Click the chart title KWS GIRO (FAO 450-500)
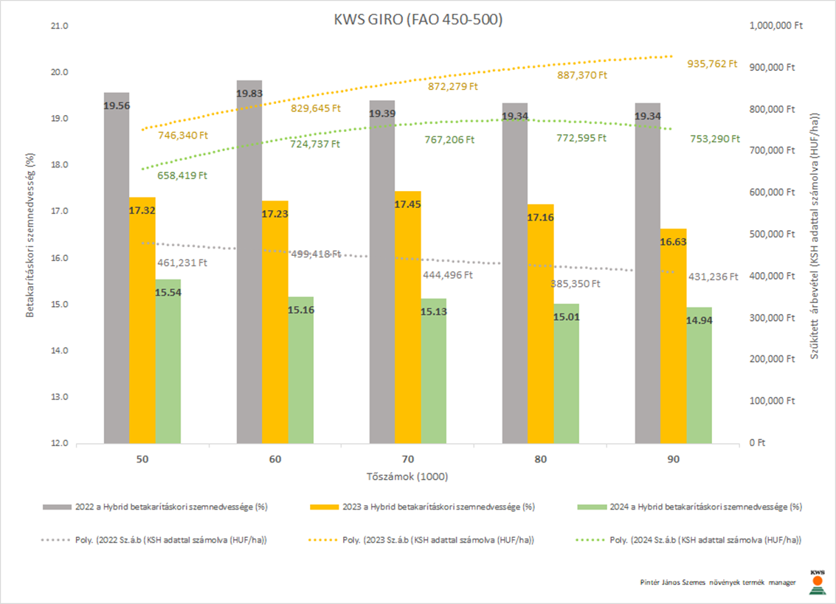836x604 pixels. (x=418, y=21)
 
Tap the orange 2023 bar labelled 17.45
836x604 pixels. (x=407, y=317)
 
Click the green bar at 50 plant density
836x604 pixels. (x=168, y=361)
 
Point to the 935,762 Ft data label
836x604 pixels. (x=712, y=63)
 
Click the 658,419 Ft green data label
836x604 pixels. (x=182, y=176)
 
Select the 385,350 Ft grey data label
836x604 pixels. (x=576, y=283)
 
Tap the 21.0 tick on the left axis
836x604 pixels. (x=59, y=26)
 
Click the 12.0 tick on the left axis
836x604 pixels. (x=59, y=443)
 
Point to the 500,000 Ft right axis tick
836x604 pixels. (x=772, y=235)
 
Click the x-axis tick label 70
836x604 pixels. (x=407, y=459)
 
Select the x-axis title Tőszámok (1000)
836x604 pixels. (x=407, y=476)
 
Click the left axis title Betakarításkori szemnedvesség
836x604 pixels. (x=30, y=235)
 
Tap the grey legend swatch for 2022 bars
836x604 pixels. (x=56, y=507)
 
